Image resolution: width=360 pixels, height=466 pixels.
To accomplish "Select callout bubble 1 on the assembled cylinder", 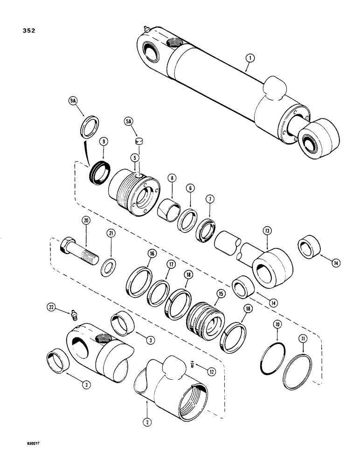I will point(250,59).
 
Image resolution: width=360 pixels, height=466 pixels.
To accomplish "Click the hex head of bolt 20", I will point(68,246).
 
